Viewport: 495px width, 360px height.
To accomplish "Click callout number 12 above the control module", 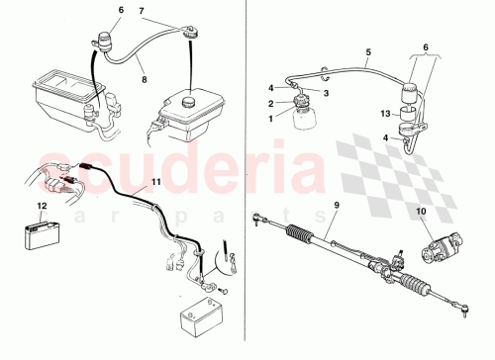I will coord(41,207).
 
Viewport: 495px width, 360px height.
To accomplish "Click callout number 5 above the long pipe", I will coord(367,52).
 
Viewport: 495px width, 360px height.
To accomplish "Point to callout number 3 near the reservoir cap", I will coord(326,94).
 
